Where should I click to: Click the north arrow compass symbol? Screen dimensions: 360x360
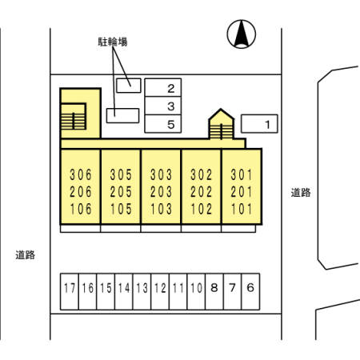tap(242, 34)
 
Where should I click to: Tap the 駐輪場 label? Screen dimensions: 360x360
tap(113, 42)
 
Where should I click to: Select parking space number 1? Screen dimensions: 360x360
tap(259, 124)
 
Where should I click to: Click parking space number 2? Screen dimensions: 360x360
tap(163, 87)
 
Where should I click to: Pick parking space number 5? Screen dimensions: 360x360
tap(163, 124)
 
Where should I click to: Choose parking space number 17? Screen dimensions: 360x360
tap(70, 292)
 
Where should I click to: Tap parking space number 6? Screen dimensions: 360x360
tap(250, 292)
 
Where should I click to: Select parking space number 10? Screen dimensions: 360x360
tap(196, 292)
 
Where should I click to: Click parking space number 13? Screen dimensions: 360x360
tap(142, 292)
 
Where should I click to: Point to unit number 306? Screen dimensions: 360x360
tap(81, 175)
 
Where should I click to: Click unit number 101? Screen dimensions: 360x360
tap(242, 209)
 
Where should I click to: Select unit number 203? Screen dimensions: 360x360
tap(161, 192)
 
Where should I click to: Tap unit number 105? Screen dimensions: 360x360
tap(121, 209)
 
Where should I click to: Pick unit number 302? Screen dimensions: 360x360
tap(202, 175)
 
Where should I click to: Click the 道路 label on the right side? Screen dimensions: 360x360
tap(301, 193)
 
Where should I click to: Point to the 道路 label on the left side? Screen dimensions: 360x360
tap(25, 255)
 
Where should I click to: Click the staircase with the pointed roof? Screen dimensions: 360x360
tap(221, 124)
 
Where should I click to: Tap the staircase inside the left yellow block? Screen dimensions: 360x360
tap(74, 117)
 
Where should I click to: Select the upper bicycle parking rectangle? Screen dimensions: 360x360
tap(129, 86)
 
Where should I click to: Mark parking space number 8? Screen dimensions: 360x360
tap(214, 292)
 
